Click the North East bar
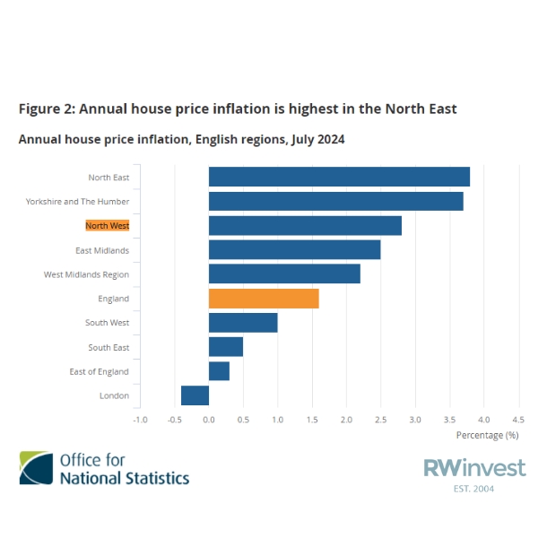pyautogui.click(x=339, y=177)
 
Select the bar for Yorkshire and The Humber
pyautogui.click(x=335, y=201)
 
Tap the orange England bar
pyautogui.click(x=264, y=299)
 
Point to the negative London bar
pyautogui.click(x=195, y=395)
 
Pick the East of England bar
pyautogui.click(x=219, y=371)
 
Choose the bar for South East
pyautogui.click(x=226, y=347)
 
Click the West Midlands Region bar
pyautogui.click(x=284, y=274)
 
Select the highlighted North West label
pyautogui.click(x=107, y=226)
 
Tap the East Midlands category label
pyautogui.click(x=102, y=250)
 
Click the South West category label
pyautogui.click(x=107, y=323)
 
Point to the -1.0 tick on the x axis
pyautogui.click(x=140, y=419)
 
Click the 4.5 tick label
pyautogui.click(x=517, y=419)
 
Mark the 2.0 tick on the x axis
pyautogui.click(x=346, y=419)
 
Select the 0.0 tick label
pyautogui.click(x=209, y=419)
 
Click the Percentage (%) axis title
pyautogui.click(x=487, y=435)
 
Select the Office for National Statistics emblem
pyautogui.click(x=36, y=468)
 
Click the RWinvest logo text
pyautogui.click(x=474, y=467)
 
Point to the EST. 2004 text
pyautogui.click(x=474, y=489)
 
